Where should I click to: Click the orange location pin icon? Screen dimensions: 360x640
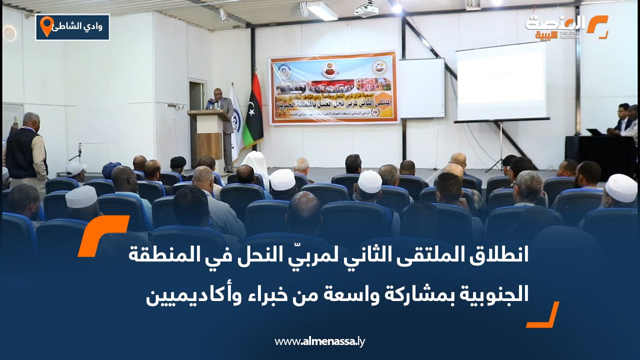[x=46, y=26]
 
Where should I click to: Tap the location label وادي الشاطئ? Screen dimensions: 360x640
[x=80, y=26]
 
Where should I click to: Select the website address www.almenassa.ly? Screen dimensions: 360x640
[x=320, y=341]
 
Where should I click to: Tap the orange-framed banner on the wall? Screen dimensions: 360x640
[x=333, y=88]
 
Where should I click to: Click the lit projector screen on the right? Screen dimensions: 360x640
[x=501, y=81]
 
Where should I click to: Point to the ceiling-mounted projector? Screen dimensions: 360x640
[x=366, y=8]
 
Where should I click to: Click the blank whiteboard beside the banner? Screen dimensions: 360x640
[x=421, y=88]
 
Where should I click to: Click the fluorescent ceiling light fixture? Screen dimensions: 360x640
[x=322, y=11]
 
